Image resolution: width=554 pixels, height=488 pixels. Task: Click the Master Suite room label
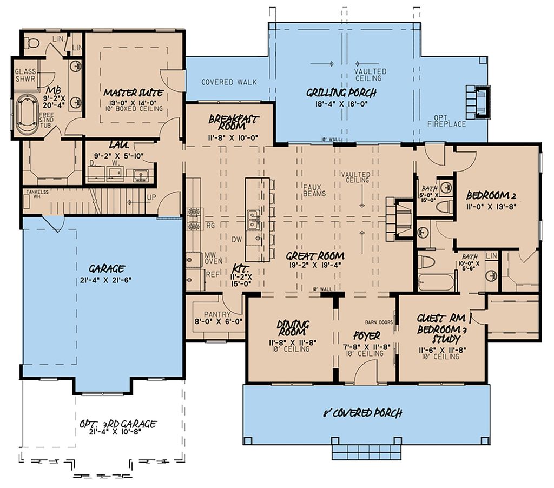(134, 93)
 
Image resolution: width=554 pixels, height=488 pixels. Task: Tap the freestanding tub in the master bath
(26, 114)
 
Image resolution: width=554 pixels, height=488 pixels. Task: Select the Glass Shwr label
(25, 75)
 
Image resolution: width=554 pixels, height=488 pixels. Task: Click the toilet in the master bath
(33, 43)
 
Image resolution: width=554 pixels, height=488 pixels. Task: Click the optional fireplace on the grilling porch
(479, 102)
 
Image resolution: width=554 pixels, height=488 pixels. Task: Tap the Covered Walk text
(229, 82)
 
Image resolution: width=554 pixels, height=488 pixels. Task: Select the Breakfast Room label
(234, 123)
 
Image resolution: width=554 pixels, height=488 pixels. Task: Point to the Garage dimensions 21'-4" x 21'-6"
(107, 279)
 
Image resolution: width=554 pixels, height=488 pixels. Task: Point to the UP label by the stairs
(151, 197)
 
